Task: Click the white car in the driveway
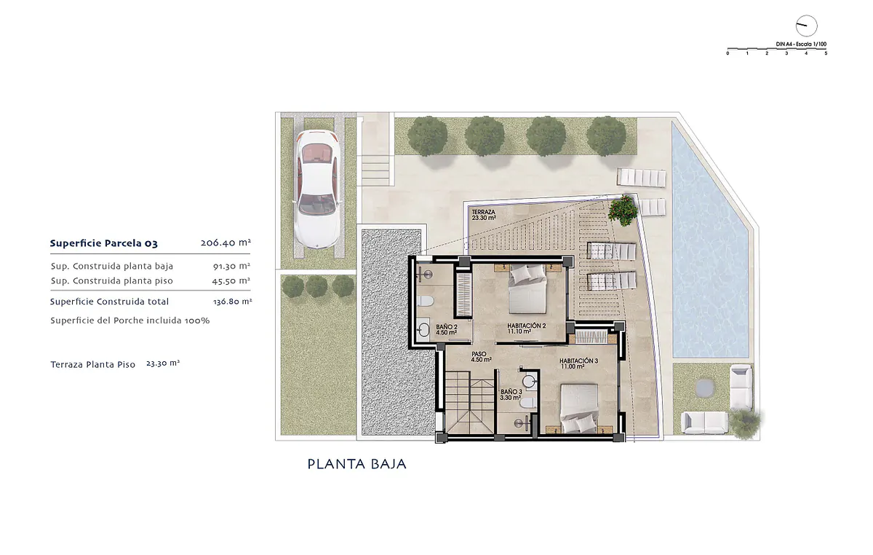(x=318, y=189)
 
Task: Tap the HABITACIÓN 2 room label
(x=526, y=328)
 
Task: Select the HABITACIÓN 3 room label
(x=579, y=363)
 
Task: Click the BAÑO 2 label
(x=447, y=329)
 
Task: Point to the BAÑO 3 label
(x=511, y=395)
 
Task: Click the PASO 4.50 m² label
(x=481, y=357)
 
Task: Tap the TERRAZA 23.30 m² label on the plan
(x=484, y=215)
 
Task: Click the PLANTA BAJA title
(x=357, y=464)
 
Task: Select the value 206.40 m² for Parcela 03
(x=226, y=243)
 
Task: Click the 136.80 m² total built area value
(x=232, y=302)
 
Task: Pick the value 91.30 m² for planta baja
(x=231, y=266)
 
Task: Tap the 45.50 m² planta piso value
(x=231, y=280)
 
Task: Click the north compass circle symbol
(x=806, y=26)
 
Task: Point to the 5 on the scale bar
(x=826, y=53)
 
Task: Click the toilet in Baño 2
(x=425, y=301)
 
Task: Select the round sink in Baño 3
(x=529, y=382)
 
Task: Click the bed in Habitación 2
(x=527, y=288)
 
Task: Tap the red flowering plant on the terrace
(x=623, y=210)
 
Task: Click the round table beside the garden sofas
(x=705, y=387)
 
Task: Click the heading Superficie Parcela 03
(x=103, y=243)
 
